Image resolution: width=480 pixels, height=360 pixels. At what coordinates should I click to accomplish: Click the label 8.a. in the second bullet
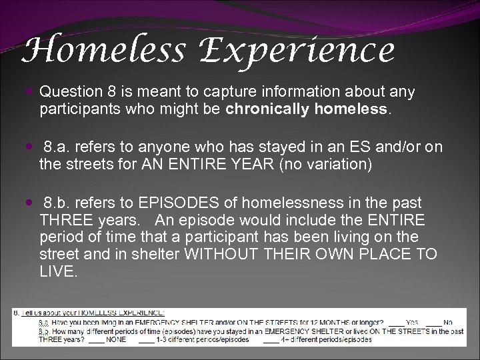pyautogui.click(x=58, y=146)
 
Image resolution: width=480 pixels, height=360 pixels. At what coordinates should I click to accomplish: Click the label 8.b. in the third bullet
pyautogui.click(x=58, y=202)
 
